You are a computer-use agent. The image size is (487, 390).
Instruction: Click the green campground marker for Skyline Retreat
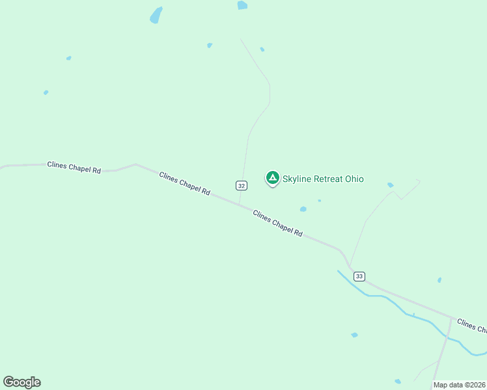273,177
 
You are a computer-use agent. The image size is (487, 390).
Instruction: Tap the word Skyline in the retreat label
298,179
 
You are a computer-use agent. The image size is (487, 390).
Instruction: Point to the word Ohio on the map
354,179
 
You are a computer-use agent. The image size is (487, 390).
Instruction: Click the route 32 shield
242,185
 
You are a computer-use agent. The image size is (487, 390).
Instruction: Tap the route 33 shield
359,276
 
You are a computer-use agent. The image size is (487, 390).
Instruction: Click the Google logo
21,382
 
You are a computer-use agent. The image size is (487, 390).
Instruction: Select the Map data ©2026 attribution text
459,385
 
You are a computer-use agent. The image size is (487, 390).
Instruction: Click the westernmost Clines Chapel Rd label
74,167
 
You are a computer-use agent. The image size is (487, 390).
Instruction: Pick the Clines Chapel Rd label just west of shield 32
185,183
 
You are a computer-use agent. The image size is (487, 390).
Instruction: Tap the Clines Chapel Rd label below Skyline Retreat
278,223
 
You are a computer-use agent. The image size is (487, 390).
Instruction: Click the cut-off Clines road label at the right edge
471,325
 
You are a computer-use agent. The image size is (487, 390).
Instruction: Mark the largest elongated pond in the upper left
156,15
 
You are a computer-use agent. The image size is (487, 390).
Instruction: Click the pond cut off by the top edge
242,5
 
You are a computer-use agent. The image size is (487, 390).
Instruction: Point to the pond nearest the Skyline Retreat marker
303,209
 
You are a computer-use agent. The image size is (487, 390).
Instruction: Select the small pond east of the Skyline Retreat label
390,185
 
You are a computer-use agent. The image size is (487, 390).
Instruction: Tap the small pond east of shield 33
439,280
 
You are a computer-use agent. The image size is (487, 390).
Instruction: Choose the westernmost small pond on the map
46,92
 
